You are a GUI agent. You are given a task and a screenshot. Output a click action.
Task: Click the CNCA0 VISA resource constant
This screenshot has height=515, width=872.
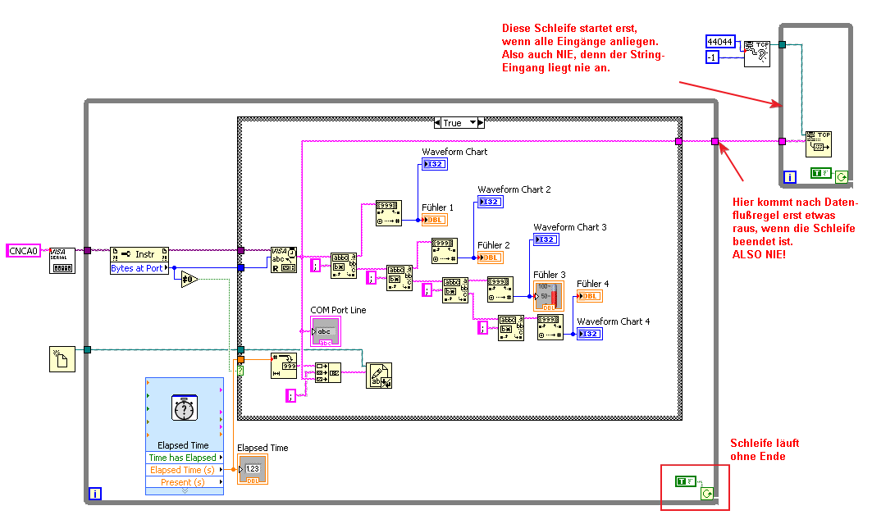click(23, 250)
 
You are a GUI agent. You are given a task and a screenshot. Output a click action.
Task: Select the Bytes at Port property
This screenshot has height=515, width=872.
click(137, 268)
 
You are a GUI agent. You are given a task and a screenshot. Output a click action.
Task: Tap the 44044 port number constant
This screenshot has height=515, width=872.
click(720, 41)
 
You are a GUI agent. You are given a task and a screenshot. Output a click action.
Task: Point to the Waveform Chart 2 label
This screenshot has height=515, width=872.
click(514, 189)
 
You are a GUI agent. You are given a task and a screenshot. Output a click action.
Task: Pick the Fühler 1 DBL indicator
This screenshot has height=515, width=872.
click(435, 220)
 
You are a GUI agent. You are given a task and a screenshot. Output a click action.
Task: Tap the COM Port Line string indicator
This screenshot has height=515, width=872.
click(325, 330)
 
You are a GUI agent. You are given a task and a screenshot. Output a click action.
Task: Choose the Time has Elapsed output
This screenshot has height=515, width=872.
click(182, 458)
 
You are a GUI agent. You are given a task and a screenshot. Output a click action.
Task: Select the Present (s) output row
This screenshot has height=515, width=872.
click(182, 482)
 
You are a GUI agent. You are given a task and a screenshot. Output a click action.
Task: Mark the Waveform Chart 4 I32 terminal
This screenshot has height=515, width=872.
click(590, 334)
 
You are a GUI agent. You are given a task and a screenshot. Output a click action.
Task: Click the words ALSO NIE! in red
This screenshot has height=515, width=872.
click(757, 256)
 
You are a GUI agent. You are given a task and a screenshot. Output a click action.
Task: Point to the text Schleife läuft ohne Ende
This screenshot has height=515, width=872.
click(764, 449)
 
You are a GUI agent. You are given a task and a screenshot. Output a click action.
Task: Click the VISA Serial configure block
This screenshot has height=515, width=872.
click(62, 260)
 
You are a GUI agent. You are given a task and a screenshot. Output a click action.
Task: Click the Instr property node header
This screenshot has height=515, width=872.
click(139, 253)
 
